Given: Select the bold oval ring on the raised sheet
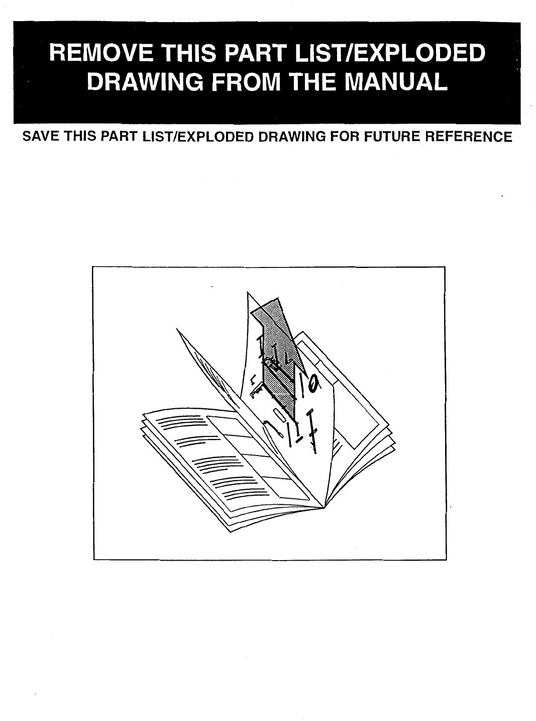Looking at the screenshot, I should (x=313, y=384).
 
